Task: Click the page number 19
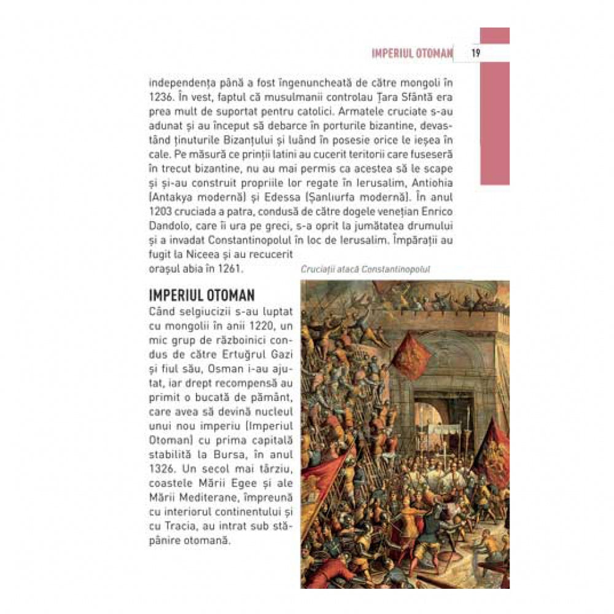(476, 53)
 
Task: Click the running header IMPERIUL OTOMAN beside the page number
(412, 53)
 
